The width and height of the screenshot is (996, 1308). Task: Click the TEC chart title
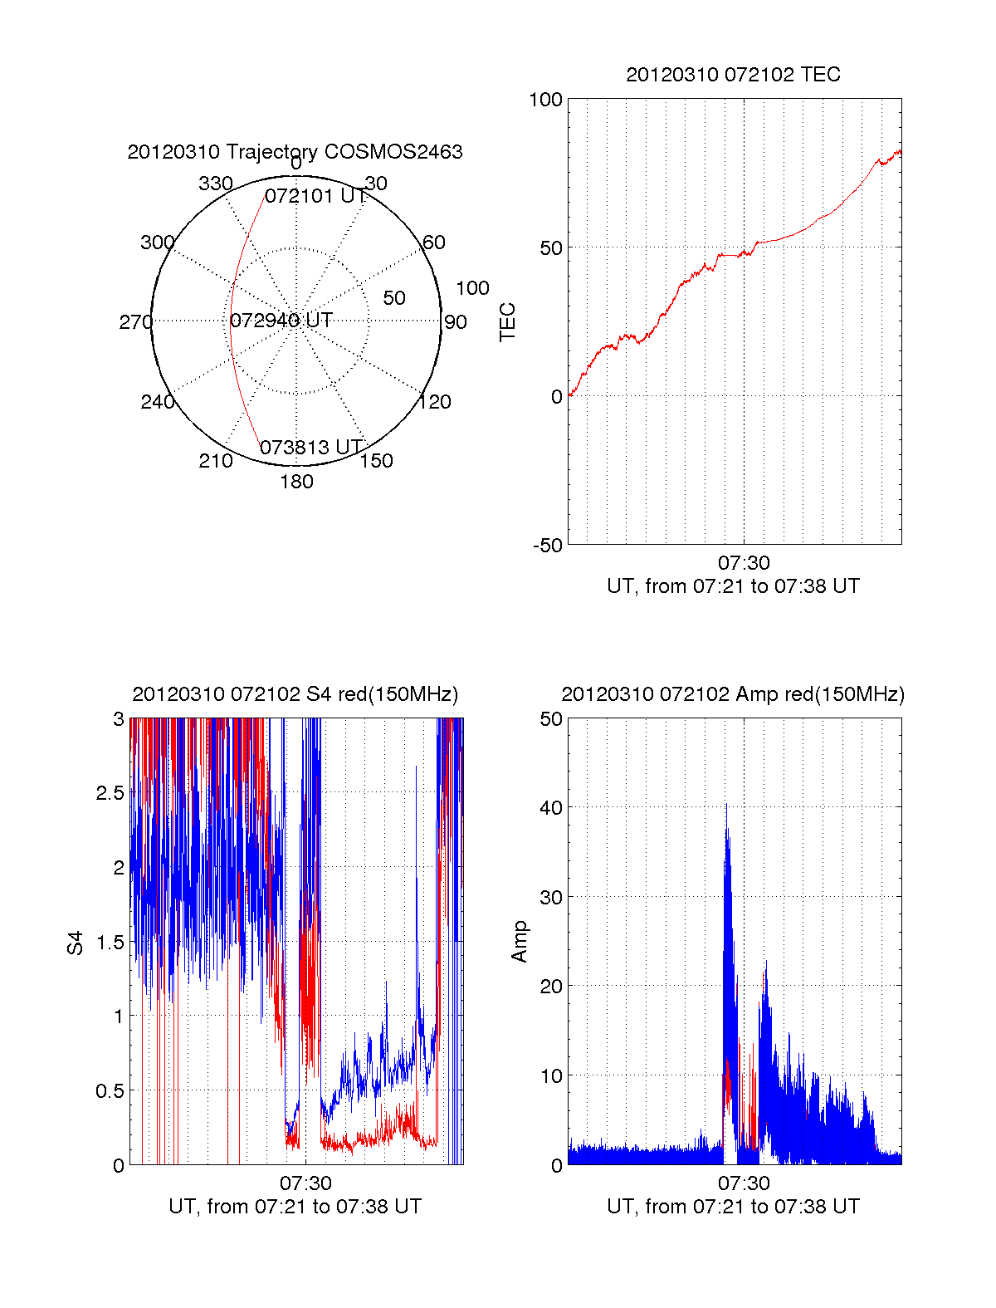733,75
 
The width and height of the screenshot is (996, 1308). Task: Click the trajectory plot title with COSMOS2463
295,152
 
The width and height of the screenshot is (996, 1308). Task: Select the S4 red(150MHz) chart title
295,694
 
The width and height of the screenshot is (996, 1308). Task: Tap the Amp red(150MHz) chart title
733,694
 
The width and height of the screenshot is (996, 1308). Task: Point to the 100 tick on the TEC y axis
545,100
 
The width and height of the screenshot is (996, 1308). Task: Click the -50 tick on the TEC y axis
547,546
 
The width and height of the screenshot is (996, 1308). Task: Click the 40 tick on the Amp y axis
551,807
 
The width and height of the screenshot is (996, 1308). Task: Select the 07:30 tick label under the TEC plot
744,563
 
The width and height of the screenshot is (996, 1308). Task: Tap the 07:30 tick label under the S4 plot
305,1183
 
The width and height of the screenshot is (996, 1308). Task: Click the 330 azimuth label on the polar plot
215,184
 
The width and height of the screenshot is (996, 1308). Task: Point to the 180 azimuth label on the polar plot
296,482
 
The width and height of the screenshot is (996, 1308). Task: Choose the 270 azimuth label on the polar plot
135,322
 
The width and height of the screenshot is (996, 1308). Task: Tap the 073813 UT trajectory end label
311,448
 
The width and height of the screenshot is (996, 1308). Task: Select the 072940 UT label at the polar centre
281,321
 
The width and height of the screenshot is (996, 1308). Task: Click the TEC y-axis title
507,322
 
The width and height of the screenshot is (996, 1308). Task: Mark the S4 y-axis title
76,943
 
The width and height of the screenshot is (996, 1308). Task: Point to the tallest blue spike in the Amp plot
726,806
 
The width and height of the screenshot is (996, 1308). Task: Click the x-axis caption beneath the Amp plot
733,1207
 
